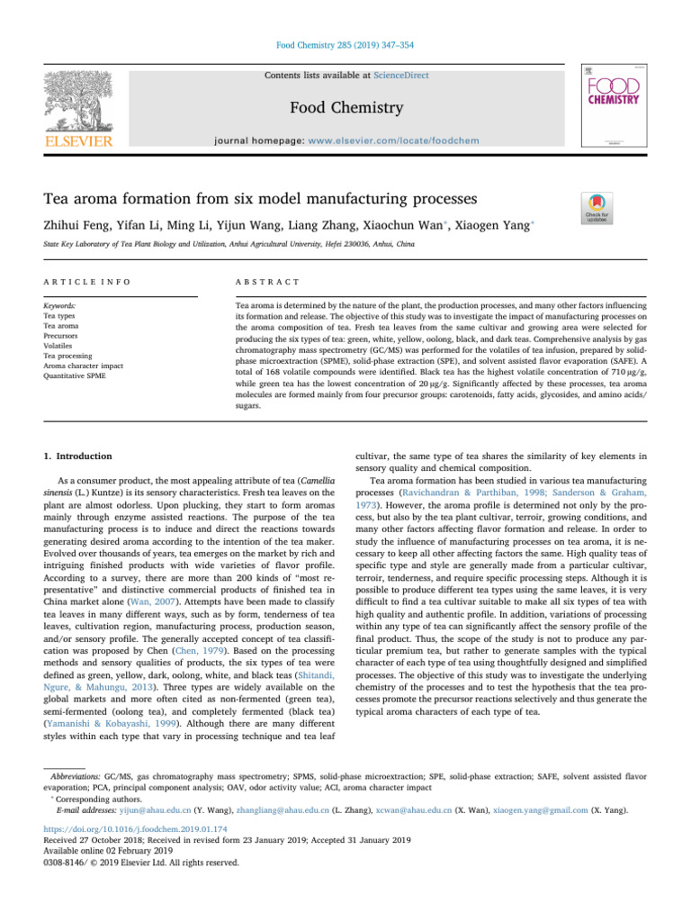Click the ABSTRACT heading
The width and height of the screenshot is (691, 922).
click(262, 282)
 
